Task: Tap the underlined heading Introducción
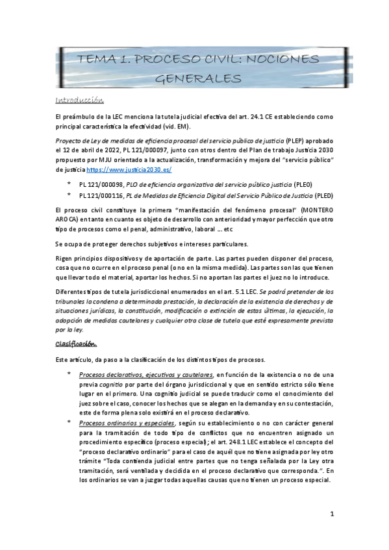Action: coord(80,100)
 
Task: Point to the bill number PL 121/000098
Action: coord(103,184)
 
